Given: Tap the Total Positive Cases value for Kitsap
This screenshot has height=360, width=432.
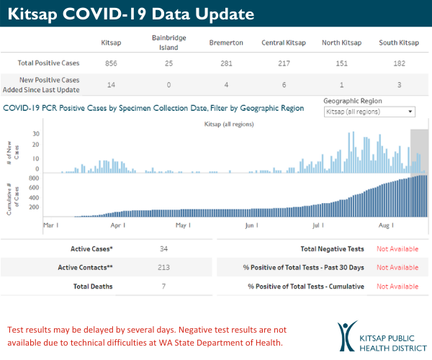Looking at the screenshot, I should tap(112, 63).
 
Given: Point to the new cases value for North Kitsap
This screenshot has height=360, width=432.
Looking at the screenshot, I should tap(336, 84).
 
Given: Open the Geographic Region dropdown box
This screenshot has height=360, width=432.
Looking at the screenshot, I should tap(369, 112).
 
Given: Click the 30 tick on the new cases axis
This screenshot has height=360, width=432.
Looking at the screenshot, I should tap(35, 134).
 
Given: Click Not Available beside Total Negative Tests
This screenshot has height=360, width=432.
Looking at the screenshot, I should tap(397, 249).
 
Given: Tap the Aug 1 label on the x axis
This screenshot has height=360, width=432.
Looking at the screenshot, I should tap(386, 225).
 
